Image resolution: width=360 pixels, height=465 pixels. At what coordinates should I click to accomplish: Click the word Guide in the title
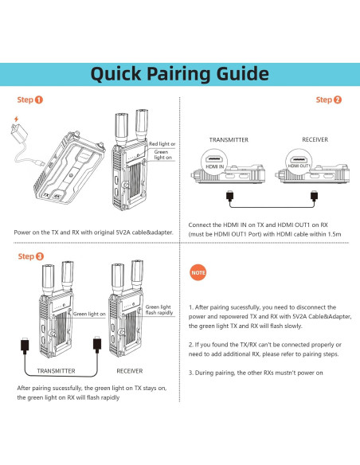point(243,74)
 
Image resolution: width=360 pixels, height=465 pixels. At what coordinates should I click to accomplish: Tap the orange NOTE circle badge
point(198,272)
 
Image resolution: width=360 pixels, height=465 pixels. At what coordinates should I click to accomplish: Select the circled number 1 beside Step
point(39,100)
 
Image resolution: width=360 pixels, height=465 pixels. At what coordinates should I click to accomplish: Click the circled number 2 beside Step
point(338,100)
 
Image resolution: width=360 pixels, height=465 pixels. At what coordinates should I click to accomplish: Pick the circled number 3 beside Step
point(40,256)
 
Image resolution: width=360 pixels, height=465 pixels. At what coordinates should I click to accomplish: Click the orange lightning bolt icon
point(16,119)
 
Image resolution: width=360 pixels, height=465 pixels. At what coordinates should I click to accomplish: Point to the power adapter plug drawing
point(19,133)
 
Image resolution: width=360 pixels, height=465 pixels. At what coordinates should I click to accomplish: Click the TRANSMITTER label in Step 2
point(229,139)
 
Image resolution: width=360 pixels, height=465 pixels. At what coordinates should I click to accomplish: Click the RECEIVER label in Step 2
point(315,139)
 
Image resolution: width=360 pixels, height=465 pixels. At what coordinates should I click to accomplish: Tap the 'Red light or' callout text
point(162,144)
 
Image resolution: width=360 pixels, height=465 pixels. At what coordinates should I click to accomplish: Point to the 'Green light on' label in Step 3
point(89,314)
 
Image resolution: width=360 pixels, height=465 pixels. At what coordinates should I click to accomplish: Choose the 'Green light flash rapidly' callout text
point(159,310)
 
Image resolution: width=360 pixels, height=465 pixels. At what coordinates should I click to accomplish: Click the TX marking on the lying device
point(46,195)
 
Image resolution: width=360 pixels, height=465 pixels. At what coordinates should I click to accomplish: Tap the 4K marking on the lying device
point(57,196)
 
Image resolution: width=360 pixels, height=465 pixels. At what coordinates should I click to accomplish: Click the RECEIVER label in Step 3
point(130,371)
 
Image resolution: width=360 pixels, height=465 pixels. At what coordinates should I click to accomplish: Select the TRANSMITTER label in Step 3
point(56,371)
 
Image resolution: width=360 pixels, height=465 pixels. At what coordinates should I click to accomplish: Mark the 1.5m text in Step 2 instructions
point(334,234)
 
